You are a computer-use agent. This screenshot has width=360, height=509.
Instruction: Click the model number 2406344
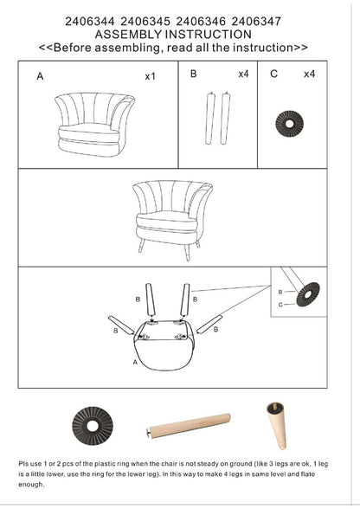point(90,22)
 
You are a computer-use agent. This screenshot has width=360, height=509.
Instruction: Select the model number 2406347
point(256,22)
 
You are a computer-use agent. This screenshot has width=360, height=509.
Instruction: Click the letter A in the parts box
point(40,76)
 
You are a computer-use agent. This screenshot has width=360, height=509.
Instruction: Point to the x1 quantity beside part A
point(150,76)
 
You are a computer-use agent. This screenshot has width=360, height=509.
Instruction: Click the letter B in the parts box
point(194,74)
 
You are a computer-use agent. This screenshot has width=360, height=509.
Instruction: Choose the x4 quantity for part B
point(243,74)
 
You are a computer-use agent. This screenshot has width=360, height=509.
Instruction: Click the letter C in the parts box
point(274,74)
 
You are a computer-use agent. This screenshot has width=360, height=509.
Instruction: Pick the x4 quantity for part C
point(309,74)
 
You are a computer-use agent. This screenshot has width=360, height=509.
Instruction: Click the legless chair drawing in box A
point(94,125)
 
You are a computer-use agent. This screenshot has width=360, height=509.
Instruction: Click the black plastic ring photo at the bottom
point(93,425)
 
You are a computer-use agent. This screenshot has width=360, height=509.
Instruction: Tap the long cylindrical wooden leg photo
point(189,426)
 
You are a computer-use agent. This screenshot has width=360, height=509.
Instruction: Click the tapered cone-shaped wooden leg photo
point(277,426)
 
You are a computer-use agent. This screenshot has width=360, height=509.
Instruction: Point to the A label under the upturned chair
point(135,362)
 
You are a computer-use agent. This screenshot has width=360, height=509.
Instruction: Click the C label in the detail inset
point(280,305)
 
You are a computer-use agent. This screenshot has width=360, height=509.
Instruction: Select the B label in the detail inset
point(280,293)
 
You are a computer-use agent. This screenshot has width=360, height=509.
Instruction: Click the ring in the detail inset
point(308,294)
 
